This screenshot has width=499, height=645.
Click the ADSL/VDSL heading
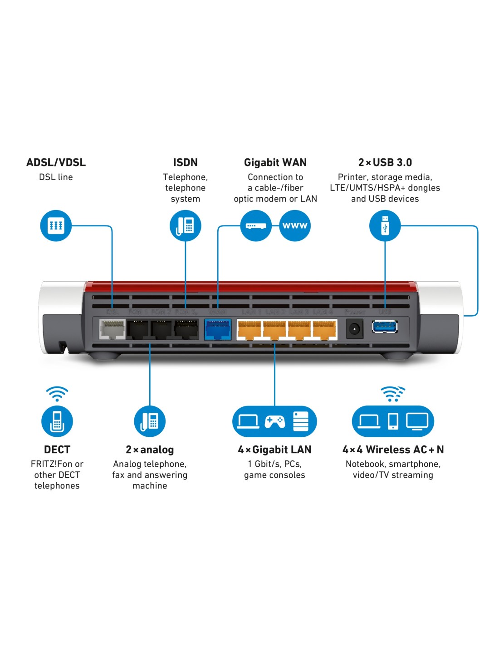[x=56, y=162]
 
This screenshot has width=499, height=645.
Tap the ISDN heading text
[x=185, y=162]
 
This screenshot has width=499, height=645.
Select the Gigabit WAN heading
[x=275, y=162]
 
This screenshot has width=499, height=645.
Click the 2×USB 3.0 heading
[x=385, y=162]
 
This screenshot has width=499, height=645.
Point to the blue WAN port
[x=218, y=329]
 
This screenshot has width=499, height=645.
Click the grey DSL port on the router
[x=112, y=329]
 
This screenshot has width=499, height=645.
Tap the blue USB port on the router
[x=385, y=327]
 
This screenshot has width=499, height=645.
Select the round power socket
[x=354, y=328]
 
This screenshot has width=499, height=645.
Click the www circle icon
[x=295, y=225]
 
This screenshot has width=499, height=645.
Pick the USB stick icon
[x=385, y=225]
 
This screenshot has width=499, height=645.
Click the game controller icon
[x=274, y=421]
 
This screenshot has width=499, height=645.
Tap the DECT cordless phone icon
[x=57, y=421]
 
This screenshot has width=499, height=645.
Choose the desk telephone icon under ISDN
[x=185, y=225]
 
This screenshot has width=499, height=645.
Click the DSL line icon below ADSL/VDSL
[x=56, y=225]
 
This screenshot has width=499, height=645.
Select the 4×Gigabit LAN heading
[x=274, y=450]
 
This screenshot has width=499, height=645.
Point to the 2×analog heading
[x=150, y=450]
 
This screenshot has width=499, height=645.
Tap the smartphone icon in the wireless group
[x=393, y=421]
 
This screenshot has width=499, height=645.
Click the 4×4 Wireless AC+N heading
[x=393, y=450]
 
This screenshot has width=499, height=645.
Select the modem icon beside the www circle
[x=256, y=225]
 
